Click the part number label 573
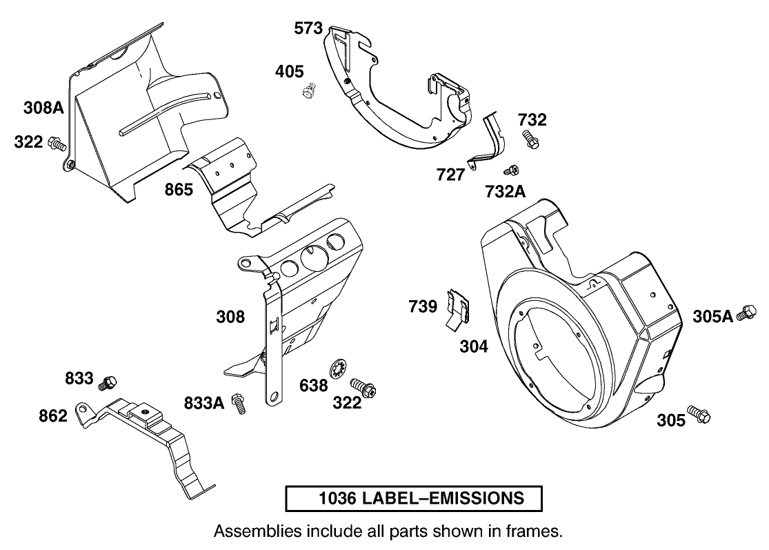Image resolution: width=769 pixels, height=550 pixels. coord(308,28)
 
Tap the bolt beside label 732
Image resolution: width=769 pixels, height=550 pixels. coord(530,139)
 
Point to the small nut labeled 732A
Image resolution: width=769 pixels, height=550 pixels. coord(511,170)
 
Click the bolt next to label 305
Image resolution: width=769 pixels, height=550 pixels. coord(699,415)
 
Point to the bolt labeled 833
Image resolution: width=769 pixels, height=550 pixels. coord(109,381)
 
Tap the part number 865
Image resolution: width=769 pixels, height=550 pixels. coord(179,189)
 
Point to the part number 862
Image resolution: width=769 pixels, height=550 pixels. coord(52,415)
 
